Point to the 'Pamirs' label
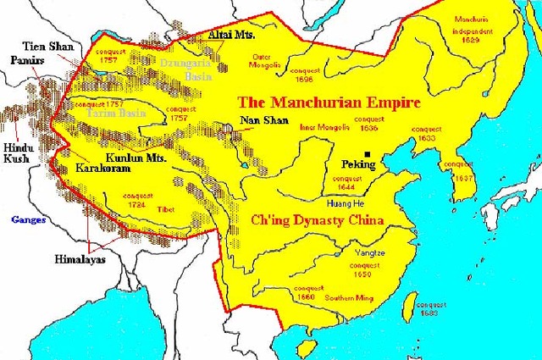pos(26,62)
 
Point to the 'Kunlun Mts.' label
pos(135,158)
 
